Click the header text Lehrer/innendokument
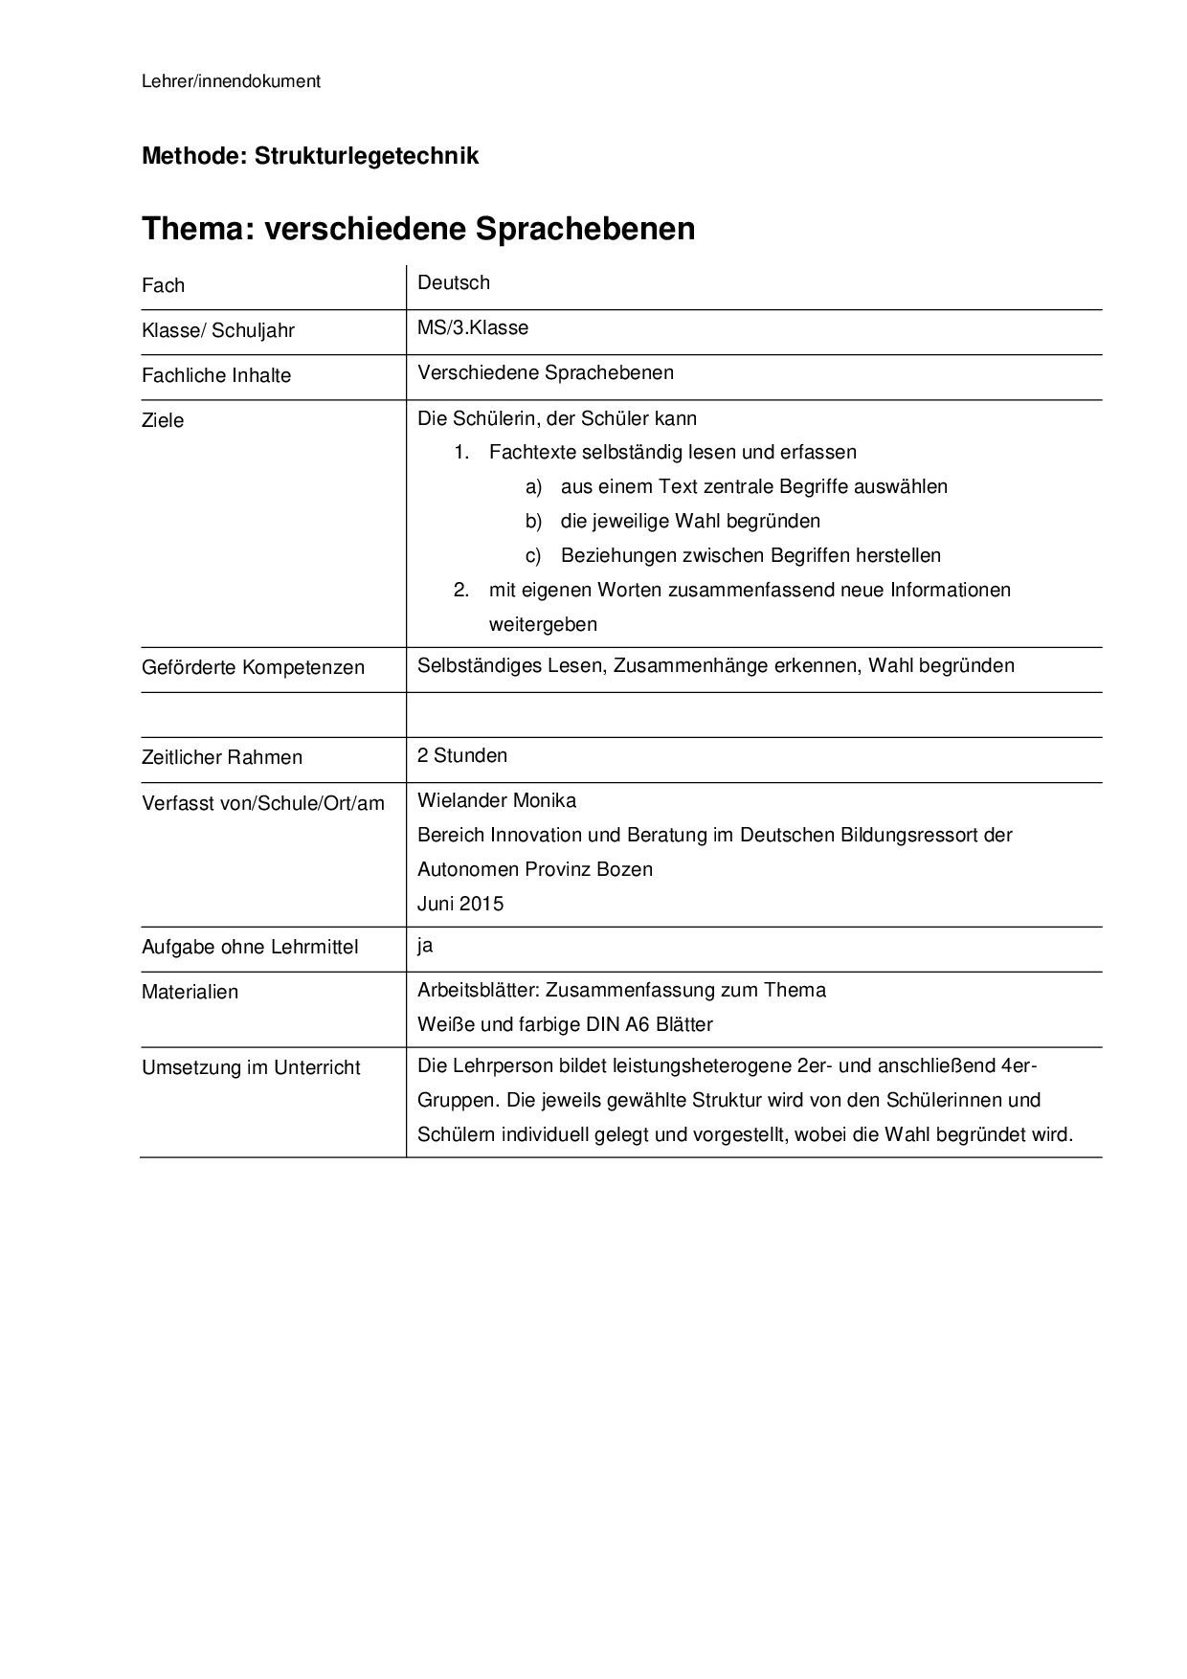[231, 81]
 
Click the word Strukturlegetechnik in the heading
[367, 156]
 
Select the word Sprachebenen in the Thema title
[584, 229]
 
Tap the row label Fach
[163, 285]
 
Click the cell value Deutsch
[454, 282]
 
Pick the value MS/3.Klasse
[473, 327]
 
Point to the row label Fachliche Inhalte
[216, 375]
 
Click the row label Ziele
[163, 420]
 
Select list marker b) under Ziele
[533, 521]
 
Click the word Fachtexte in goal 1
[532, 452]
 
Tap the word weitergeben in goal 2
[543, 624]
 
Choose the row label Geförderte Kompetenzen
[253, 667]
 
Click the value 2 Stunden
[462, 755]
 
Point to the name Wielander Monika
[497, 800]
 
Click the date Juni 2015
[460, 904]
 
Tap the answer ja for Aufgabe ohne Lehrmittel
[425, 946]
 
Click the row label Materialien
[190, 992]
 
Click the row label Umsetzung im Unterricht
[251, 1067]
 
